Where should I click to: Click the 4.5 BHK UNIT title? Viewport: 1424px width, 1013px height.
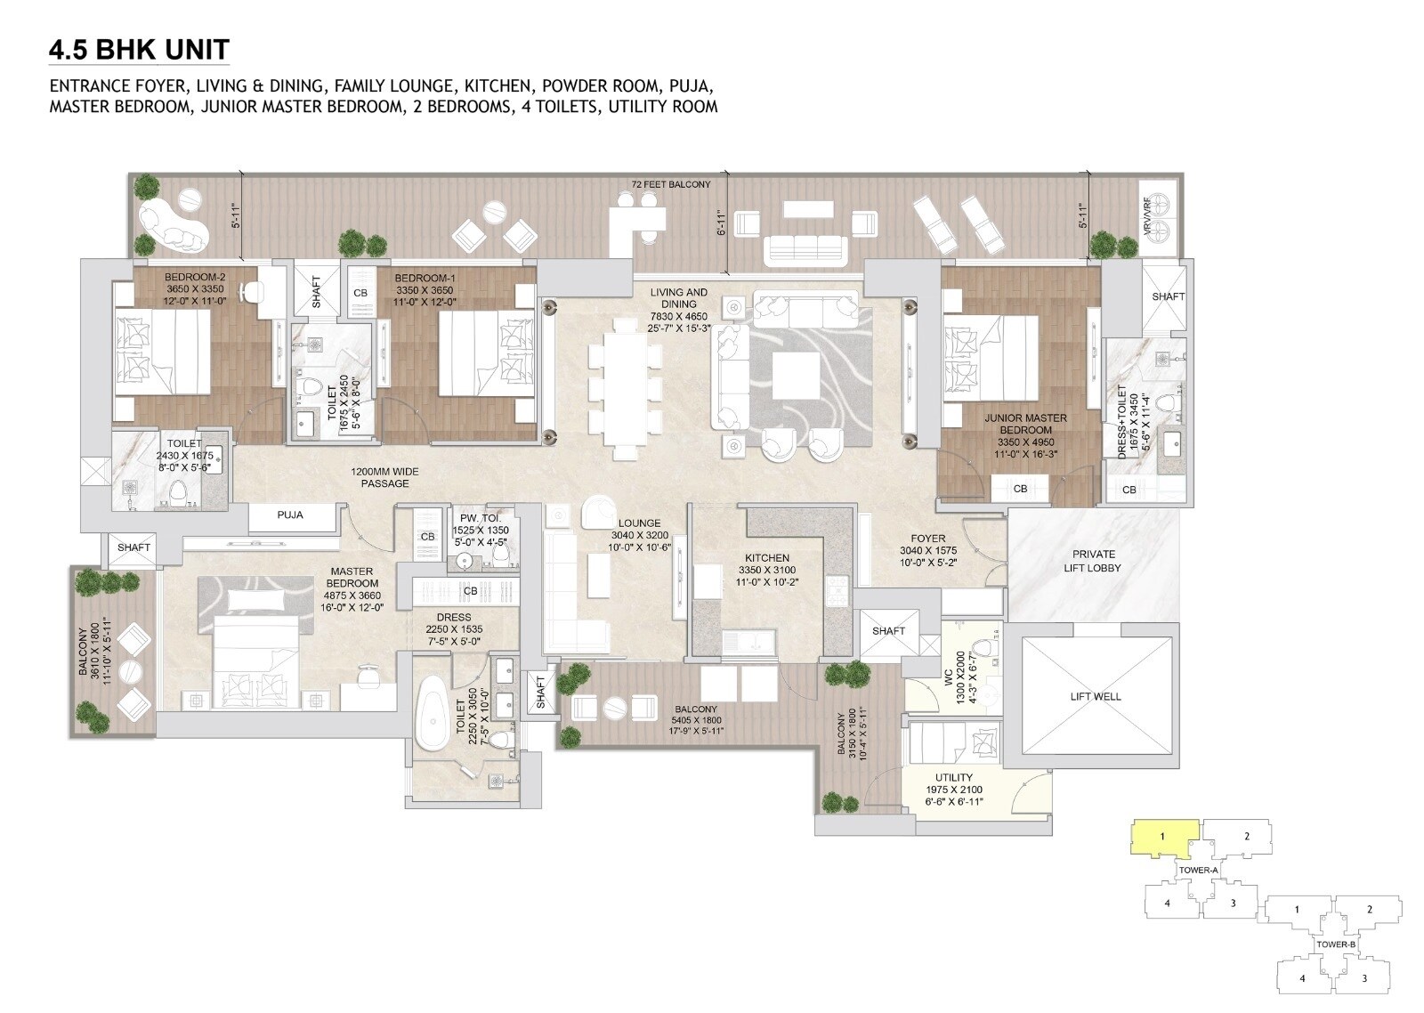139,49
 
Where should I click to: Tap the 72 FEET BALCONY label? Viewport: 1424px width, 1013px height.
671,184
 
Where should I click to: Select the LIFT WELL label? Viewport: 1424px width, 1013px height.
1096,696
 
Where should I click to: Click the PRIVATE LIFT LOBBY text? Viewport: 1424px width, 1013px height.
1092,561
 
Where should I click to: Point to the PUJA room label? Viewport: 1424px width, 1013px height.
290,515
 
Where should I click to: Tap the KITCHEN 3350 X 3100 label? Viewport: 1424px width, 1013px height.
766,563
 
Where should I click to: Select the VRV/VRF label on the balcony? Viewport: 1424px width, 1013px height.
1146,220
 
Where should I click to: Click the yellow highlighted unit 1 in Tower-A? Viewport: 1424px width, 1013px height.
1162,838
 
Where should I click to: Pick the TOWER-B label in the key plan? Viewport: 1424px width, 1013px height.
1336,944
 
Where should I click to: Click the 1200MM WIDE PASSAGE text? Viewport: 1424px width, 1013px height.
384,477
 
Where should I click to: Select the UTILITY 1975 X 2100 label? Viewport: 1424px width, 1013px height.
953,783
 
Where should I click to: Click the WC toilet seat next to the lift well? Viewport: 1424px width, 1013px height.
982,648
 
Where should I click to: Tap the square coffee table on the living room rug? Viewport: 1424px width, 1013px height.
796,376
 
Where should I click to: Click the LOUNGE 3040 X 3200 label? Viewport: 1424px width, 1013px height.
639,530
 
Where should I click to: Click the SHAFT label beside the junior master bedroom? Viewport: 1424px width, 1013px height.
1168,296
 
